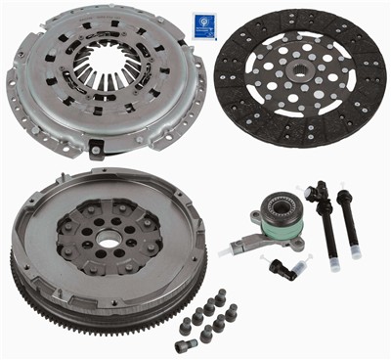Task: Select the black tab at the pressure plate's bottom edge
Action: click(x=98, y=149)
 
